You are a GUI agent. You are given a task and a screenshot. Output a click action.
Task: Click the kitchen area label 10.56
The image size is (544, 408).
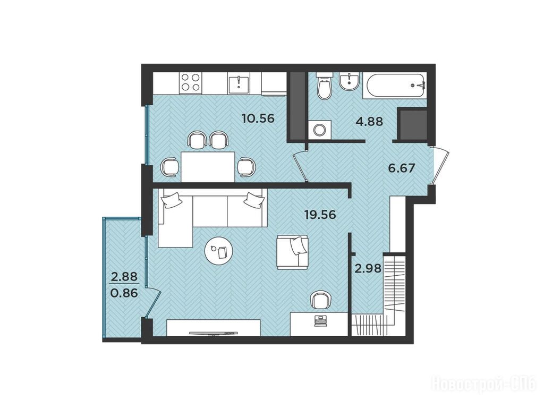coord(259,118)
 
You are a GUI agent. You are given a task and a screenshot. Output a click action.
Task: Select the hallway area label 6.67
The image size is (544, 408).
coord(402,168)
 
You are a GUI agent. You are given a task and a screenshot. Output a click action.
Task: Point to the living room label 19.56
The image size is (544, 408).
coord(320,215)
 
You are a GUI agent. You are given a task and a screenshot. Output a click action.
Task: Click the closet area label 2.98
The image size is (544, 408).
coord(368,268)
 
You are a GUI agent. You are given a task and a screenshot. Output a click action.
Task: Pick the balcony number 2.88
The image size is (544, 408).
coord(124,277)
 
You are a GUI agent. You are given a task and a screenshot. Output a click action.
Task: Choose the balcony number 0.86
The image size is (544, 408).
coord(124,293)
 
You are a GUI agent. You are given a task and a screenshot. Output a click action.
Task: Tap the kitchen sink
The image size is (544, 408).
coord(239,83)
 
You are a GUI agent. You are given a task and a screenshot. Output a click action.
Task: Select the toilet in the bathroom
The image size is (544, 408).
coord(325,87)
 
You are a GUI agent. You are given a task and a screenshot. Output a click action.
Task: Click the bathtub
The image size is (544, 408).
coord(395,86)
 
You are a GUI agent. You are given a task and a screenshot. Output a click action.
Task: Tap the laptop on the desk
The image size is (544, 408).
coord(320,321)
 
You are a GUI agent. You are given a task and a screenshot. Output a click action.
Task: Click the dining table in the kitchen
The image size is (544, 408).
coord(208,167)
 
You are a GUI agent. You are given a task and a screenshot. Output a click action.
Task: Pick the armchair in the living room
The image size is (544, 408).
coord(293,251)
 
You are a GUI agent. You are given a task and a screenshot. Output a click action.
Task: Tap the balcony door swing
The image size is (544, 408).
coord(153,302)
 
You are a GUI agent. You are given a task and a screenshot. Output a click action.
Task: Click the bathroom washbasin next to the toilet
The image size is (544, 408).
coord(349,81)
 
